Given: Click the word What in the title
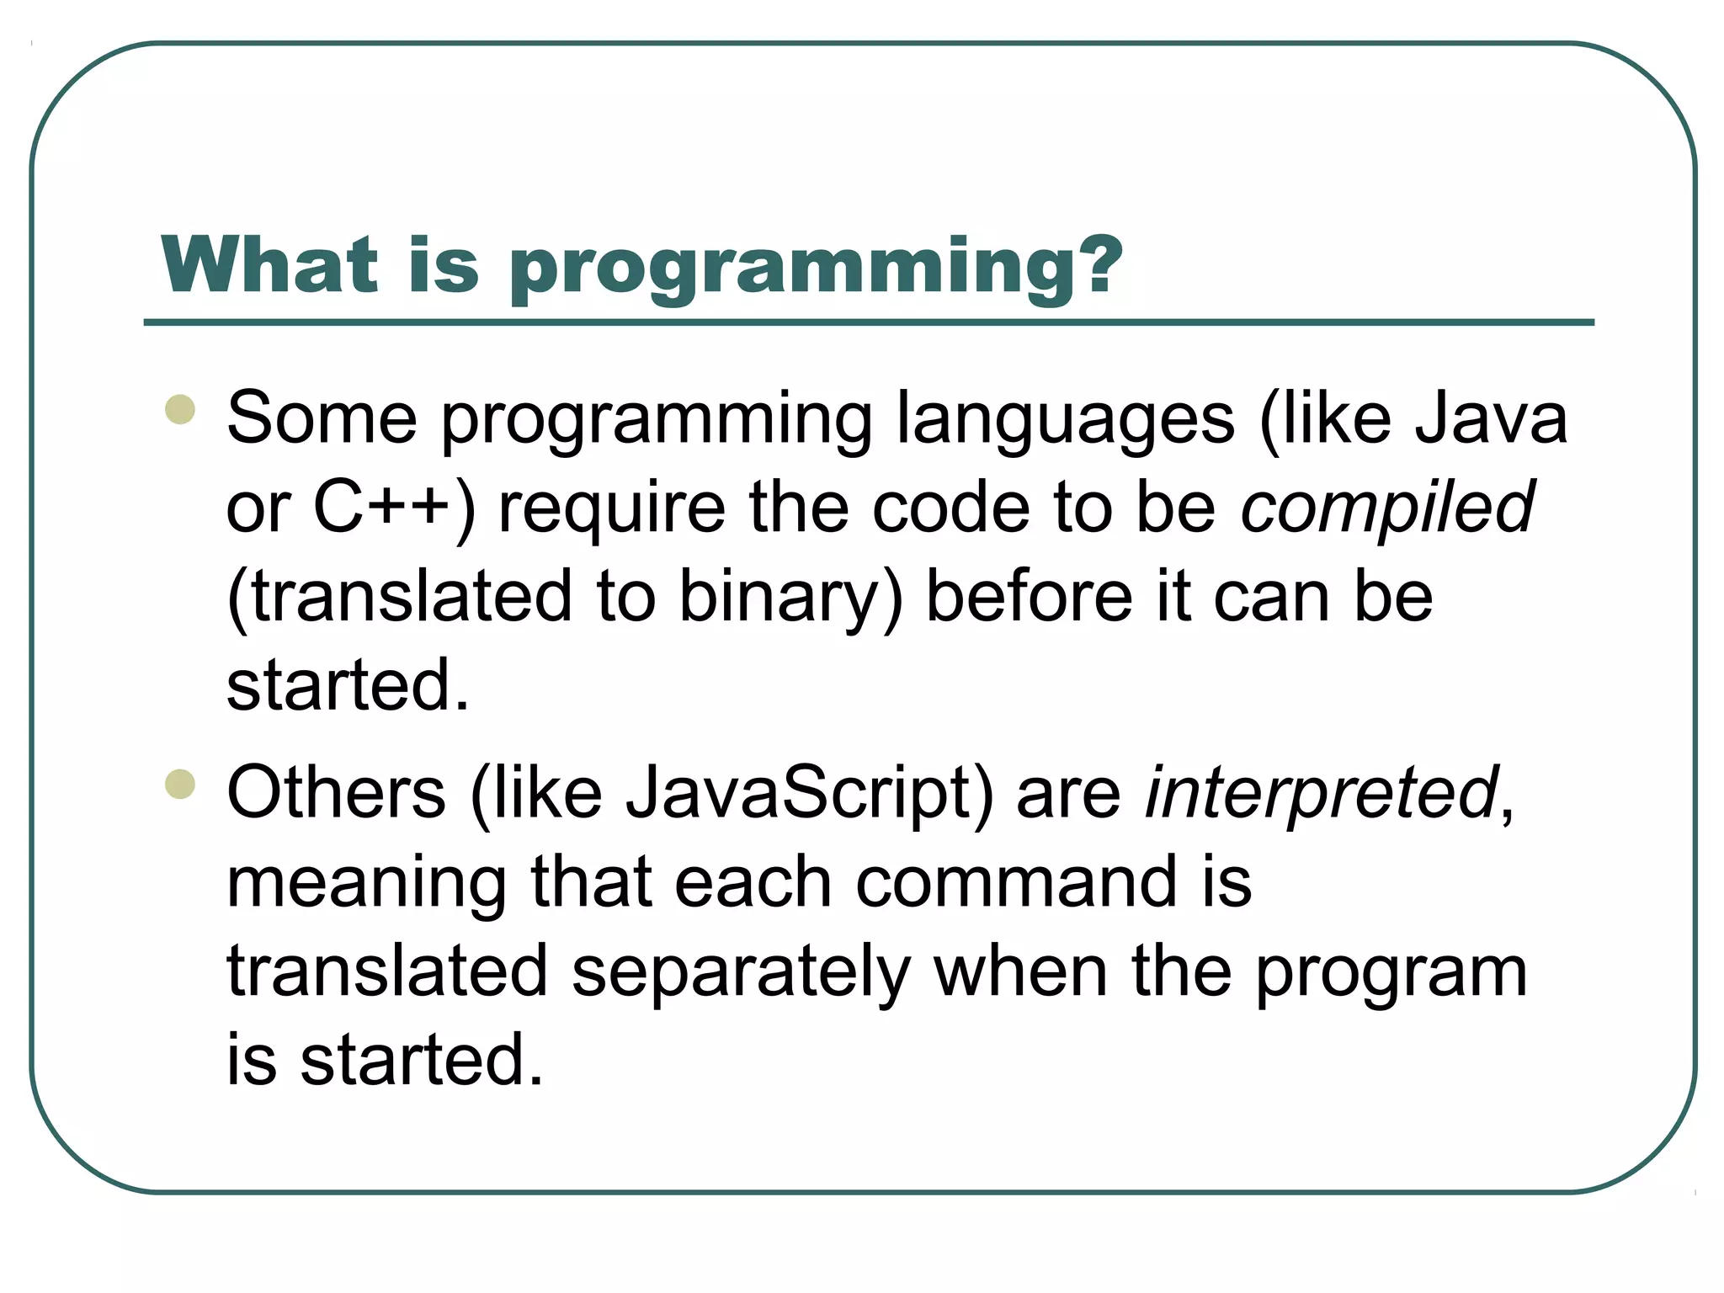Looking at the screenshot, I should pyautogui.click(x=269, y=264).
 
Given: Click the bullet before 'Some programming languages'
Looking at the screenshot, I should pyautogui.click(x=180, y=410).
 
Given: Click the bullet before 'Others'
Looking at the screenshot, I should pyautogui.click(x=180, y=784).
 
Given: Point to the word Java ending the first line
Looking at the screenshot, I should pyautogui.click(x=1491, y=418).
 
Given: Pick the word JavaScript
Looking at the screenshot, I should pyautogui.click(x=809, y=793).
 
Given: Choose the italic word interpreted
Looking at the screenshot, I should pyautogui.click(x=1322, y=793).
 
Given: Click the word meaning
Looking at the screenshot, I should pyautogui.click(x=367, y=884).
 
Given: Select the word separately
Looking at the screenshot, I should pyautogui.click(x=741, y=972).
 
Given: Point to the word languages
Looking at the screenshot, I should pyautogui.click(x=1065, y=420).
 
